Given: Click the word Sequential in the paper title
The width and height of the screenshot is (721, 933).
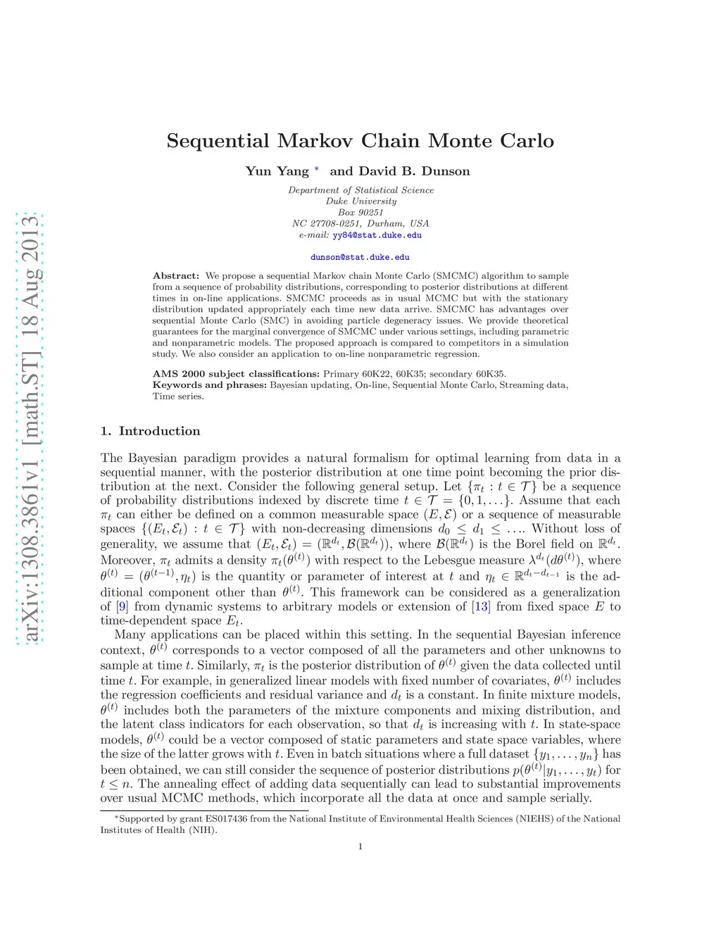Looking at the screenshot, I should click(x=218, y=142).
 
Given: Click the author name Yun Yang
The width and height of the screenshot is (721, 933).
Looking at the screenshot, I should click(x=277, y=171).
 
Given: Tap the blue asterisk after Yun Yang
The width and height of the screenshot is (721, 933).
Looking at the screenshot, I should click(x=317, y=170).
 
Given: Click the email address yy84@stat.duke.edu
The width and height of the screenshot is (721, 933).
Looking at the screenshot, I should click(x=377, y=235).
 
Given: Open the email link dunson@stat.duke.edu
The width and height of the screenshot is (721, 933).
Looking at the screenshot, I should click(x=360, y=258).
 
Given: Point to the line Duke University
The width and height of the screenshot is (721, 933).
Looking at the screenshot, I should click(x=361, y=201).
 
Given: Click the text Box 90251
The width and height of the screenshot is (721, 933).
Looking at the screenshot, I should click(x=360, y=213).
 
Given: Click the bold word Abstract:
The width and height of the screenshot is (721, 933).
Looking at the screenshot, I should click(x=176, y=276).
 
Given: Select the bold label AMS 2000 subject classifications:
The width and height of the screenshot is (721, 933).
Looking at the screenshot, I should click(x=236, y=374).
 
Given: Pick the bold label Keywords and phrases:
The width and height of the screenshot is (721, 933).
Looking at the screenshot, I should click(x=209, y=385).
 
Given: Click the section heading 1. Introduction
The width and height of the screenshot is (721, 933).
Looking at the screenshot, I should click(x=150, y=431).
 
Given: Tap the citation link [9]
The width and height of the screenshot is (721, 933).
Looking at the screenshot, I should click(x=123, y=607).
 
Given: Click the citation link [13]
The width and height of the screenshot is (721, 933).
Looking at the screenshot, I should click(x=481, y=607).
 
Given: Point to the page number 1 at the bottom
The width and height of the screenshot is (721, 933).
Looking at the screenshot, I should click(x=360, y=846).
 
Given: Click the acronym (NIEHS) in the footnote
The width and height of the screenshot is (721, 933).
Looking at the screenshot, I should click(x=534, y=819).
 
